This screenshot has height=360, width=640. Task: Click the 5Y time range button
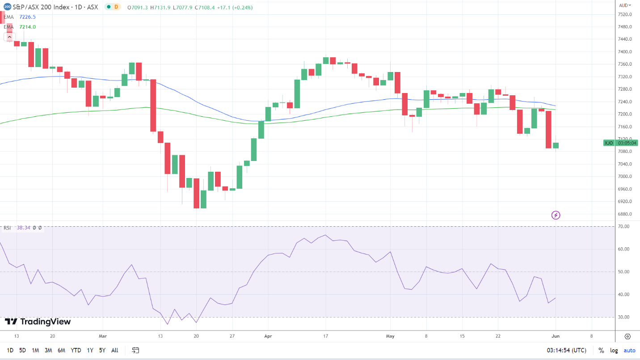coord(102,350)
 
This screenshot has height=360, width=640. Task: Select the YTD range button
coord(76,350)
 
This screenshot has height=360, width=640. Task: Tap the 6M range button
coord(62,350)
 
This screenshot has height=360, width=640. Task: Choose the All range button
coord(115,350)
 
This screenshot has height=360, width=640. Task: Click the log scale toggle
coord(614,350)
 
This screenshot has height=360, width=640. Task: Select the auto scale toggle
coord(629,350)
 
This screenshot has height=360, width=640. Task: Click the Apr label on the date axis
coord(268,336)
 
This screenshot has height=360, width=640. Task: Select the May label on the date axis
coord(391,336)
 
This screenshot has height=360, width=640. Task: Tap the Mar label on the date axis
coord(103,336)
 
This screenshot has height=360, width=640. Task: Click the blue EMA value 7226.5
coord(27,17)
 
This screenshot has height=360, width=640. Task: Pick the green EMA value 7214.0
coord(27,27)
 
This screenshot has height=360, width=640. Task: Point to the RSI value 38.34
coord(23,228)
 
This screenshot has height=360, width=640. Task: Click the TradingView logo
coord(38,322)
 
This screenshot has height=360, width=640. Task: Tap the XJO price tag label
coord(609,143)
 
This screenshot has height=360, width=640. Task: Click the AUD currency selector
coord(624,5)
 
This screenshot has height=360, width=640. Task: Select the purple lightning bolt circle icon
coord(556,215)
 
